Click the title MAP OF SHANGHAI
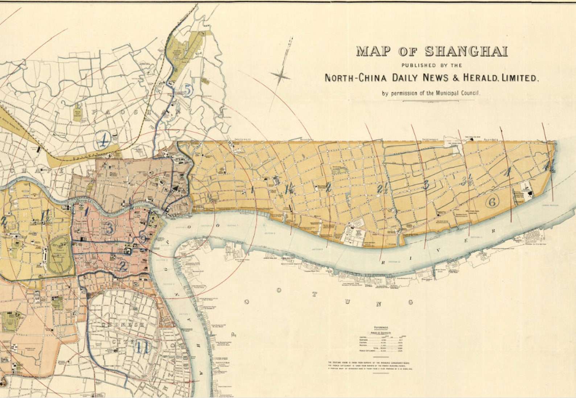click(x=431, y=51)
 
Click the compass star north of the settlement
click(x=280, y=76)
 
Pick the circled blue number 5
click(x=187, y=90)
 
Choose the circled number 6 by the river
click(x=492, y=202)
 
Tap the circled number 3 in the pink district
click(x=110, y=228)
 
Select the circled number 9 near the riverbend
click(x=144, y=239)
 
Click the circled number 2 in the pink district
click(x=123, y=267)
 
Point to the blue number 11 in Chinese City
click(x=143, y=347)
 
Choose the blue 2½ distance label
click(x=381, y=188)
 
